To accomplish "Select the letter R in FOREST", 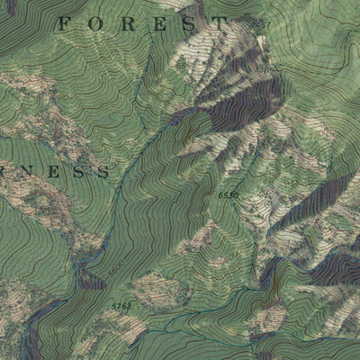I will click(x=124, y=25).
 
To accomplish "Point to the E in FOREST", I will click(x=156, y=25).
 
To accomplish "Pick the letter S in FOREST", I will click(x=187, y=24).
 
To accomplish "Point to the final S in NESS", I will click(x=103, y=170).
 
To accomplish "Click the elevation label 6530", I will click(x=229, y=195).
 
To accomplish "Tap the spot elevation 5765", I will click(x=121, y=308).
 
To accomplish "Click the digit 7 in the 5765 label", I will click(x=117, y=308).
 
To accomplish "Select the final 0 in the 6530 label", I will click(x=237, y=195).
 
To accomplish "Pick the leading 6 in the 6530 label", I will click(x=220, y=195).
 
